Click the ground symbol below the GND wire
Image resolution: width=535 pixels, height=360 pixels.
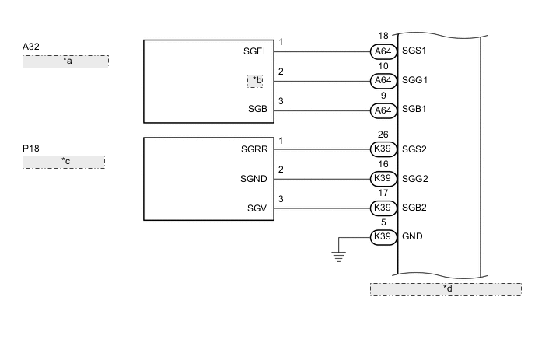(x=339, y=256)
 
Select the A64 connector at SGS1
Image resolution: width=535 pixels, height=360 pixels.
(x=383, y=52)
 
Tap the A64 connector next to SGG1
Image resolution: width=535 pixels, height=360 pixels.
(x=383, y=81)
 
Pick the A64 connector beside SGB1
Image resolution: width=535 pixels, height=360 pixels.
(x=383, y=110)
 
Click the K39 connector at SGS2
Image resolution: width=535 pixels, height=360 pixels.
(x=383, y=149)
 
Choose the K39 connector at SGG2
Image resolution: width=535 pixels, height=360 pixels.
(x=383, y=179)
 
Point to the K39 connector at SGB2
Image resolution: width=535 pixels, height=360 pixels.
(x=383, y=208)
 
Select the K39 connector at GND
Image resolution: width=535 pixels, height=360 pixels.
(x=383, y=237)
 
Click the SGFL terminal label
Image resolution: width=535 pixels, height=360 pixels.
(x=255, y=52)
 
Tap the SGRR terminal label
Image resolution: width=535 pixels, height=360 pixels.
(x=254, y=149)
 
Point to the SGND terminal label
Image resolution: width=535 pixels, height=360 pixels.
(x=254, y=179)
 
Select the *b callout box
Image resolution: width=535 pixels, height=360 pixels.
(x=256, y=81)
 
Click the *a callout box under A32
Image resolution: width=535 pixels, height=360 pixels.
(x=65, y=61)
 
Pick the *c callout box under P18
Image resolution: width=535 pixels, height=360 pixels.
(x=64, y=162)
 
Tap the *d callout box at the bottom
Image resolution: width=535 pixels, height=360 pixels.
(x=446, y=289)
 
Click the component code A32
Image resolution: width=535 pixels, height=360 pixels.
(x=31, y=47)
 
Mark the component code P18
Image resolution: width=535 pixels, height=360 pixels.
(x=31, y=148)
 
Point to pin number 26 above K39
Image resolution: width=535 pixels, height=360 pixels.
(x=383, y=135)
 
